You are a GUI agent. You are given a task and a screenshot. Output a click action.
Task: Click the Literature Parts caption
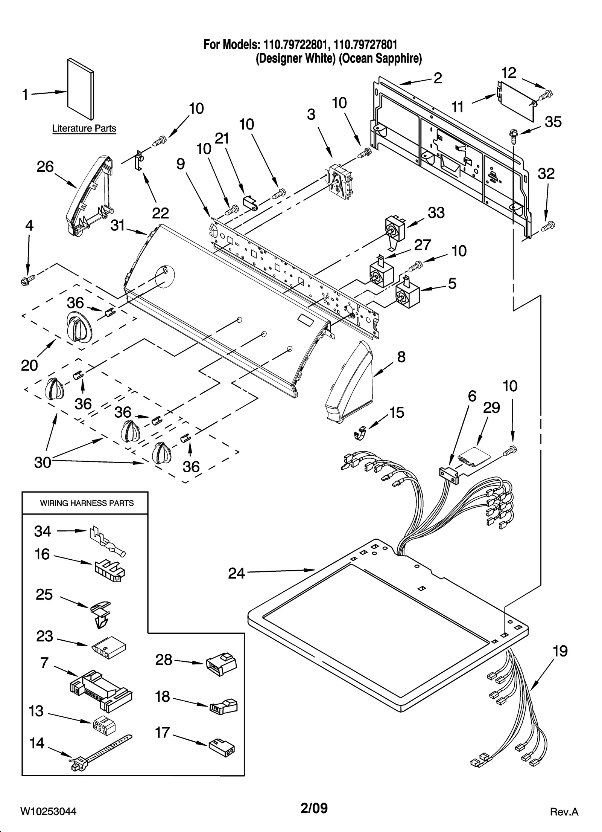coord(84,128)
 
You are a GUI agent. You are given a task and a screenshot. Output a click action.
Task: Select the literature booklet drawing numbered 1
coord(80,89)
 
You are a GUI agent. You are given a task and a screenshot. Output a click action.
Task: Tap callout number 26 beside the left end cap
coord(45,166)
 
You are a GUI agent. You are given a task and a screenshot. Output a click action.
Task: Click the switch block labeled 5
coord(407,293)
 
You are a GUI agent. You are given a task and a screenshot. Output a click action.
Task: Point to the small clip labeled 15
coord(361,434)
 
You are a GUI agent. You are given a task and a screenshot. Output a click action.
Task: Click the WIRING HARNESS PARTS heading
coord(87,503)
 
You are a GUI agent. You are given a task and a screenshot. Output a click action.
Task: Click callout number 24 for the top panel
coord(236,574)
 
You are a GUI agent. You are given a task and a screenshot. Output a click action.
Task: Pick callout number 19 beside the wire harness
coord(560,651)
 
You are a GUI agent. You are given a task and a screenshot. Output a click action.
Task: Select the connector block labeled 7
coord(101,690)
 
